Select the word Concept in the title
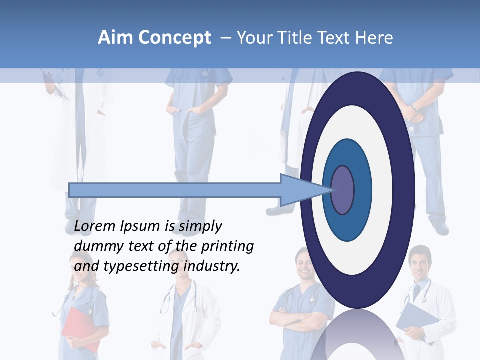click(174, 38)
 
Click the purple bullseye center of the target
click(343, 190)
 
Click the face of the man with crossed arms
click(304, 262)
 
